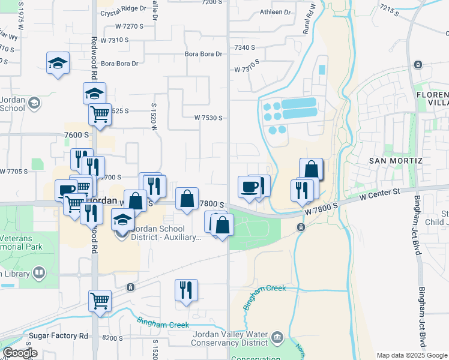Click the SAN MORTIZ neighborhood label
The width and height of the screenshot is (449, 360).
[x=396, y=161]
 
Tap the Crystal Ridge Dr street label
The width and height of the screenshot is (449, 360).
[x=124, y=10]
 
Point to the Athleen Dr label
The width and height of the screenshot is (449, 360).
[x=275, y=12]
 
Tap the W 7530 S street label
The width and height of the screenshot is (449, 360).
[x=208, y=118]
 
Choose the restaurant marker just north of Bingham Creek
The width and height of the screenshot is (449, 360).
[x=186, y=290]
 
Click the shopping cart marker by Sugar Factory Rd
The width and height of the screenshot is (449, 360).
[x=100, y=300]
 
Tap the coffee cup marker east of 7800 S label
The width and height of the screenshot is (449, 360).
[x=249, y=187]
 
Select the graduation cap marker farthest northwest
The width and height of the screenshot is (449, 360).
[x=58, y=63]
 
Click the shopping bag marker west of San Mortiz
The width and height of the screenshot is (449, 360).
[x=311, y=169]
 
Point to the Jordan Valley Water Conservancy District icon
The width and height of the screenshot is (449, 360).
[x=277, y=337]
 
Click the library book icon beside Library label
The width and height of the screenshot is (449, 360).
[x=38, y=274]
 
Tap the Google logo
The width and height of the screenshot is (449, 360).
[x=20, y=353]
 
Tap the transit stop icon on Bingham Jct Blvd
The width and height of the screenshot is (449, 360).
[x=418, y=65]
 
